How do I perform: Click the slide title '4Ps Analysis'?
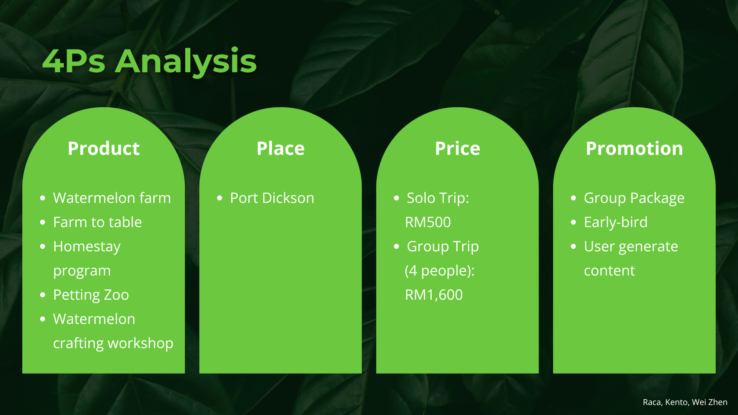150,61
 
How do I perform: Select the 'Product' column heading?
103,148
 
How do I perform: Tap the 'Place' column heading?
281,148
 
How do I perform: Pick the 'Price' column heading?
457,148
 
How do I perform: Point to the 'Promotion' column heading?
634,148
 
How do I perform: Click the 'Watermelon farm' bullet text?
112,198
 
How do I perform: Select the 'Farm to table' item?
98,222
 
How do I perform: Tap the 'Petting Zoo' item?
91,295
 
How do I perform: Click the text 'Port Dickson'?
272,198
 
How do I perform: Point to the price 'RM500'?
428,222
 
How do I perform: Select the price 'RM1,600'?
434,295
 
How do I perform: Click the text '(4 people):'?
440,271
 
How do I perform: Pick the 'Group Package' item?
634,198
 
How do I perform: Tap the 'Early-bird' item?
616,222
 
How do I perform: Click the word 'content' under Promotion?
609,271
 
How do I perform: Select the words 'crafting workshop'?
113,343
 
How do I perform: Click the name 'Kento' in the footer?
677,402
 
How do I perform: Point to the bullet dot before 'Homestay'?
43,246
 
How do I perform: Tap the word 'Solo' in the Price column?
421,198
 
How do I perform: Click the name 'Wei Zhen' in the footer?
710,402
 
